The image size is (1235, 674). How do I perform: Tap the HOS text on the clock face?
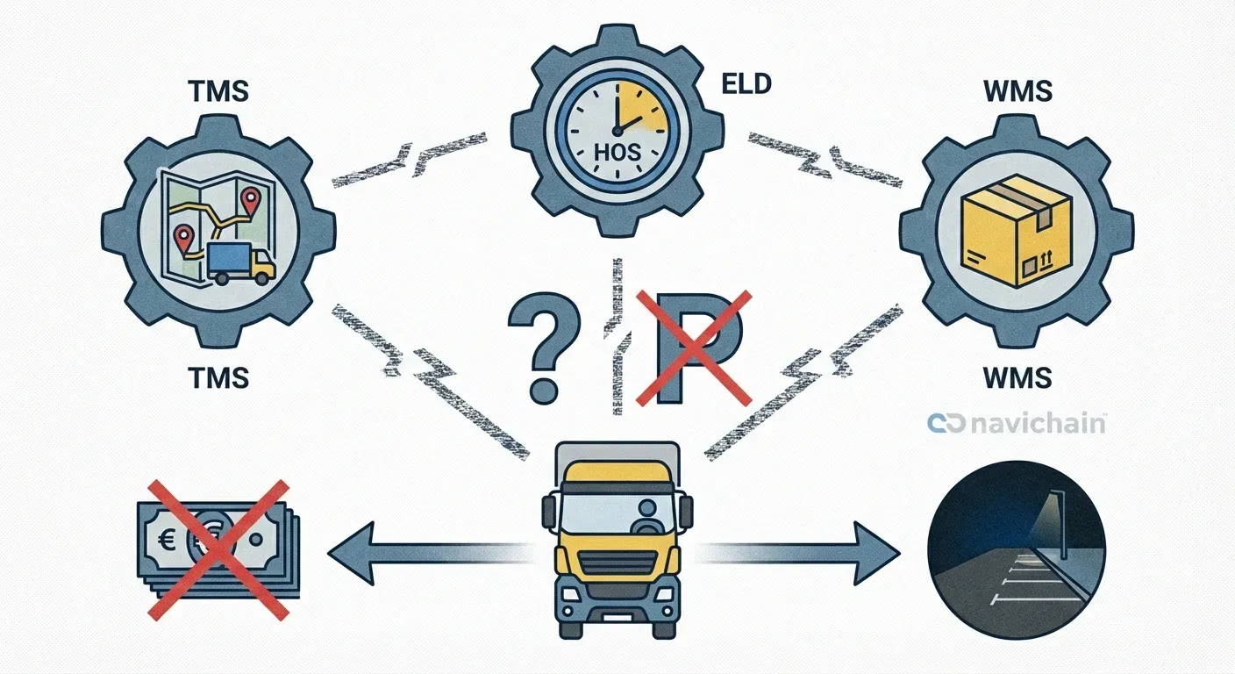618,151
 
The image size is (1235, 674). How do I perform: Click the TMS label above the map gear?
218,91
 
